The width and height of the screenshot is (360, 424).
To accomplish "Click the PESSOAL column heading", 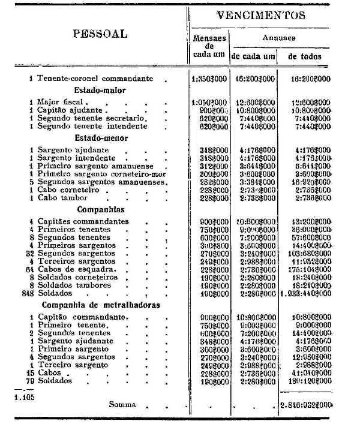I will [x=100, y=34].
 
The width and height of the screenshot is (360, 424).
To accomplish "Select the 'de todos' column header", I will [x=304, y=56].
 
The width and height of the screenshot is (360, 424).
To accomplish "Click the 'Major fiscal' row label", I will [x=60, y=103].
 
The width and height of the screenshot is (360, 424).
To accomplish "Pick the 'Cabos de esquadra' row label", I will [x=76, y=269].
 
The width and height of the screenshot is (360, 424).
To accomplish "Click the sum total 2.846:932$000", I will [x=306, y=405].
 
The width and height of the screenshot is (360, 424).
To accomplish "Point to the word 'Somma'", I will [x=122, y=405].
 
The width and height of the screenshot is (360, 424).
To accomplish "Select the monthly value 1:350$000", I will [x=210, y=79].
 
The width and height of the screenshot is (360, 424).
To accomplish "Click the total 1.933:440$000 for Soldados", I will [x=306, y=294].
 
